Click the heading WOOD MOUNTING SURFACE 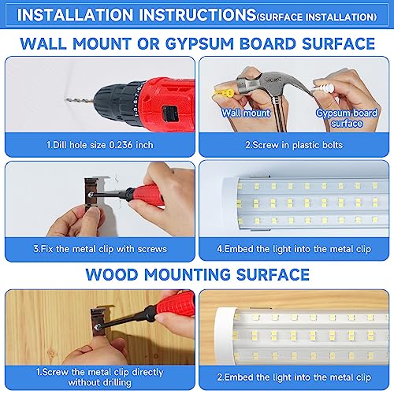click(196, 274)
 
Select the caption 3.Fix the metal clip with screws click(99, 249)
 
